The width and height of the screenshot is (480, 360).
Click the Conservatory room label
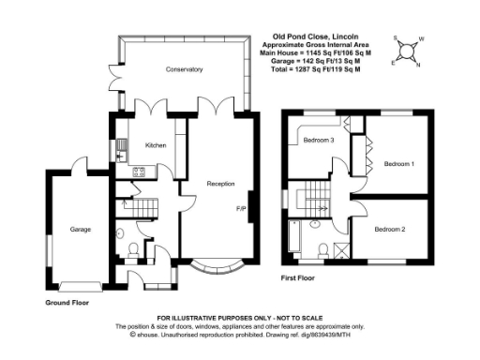click(x=184, y=70)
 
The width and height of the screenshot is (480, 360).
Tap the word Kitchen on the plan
click(x=155, y=145)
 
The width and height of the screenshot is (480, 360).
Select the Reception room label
click(x=220, y=183)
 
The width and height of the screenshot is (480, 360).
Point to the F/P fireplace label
click(x=240, y=210)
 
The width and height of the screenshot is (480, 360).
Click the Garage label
click(x=79, y=228)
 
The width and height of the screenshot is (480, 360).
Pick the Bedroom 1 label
click(x=399, y=163)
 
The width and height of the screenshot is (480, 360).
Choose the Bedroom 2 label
click(x=389, y=229)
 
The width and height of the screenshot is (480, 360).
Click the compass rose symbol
click(x=410, y=48)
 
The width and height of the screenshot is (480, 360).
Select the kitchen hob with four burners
click(x=138, y=172)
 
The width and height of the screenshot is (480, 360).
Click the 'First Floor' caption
click(x=300, y=278)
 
